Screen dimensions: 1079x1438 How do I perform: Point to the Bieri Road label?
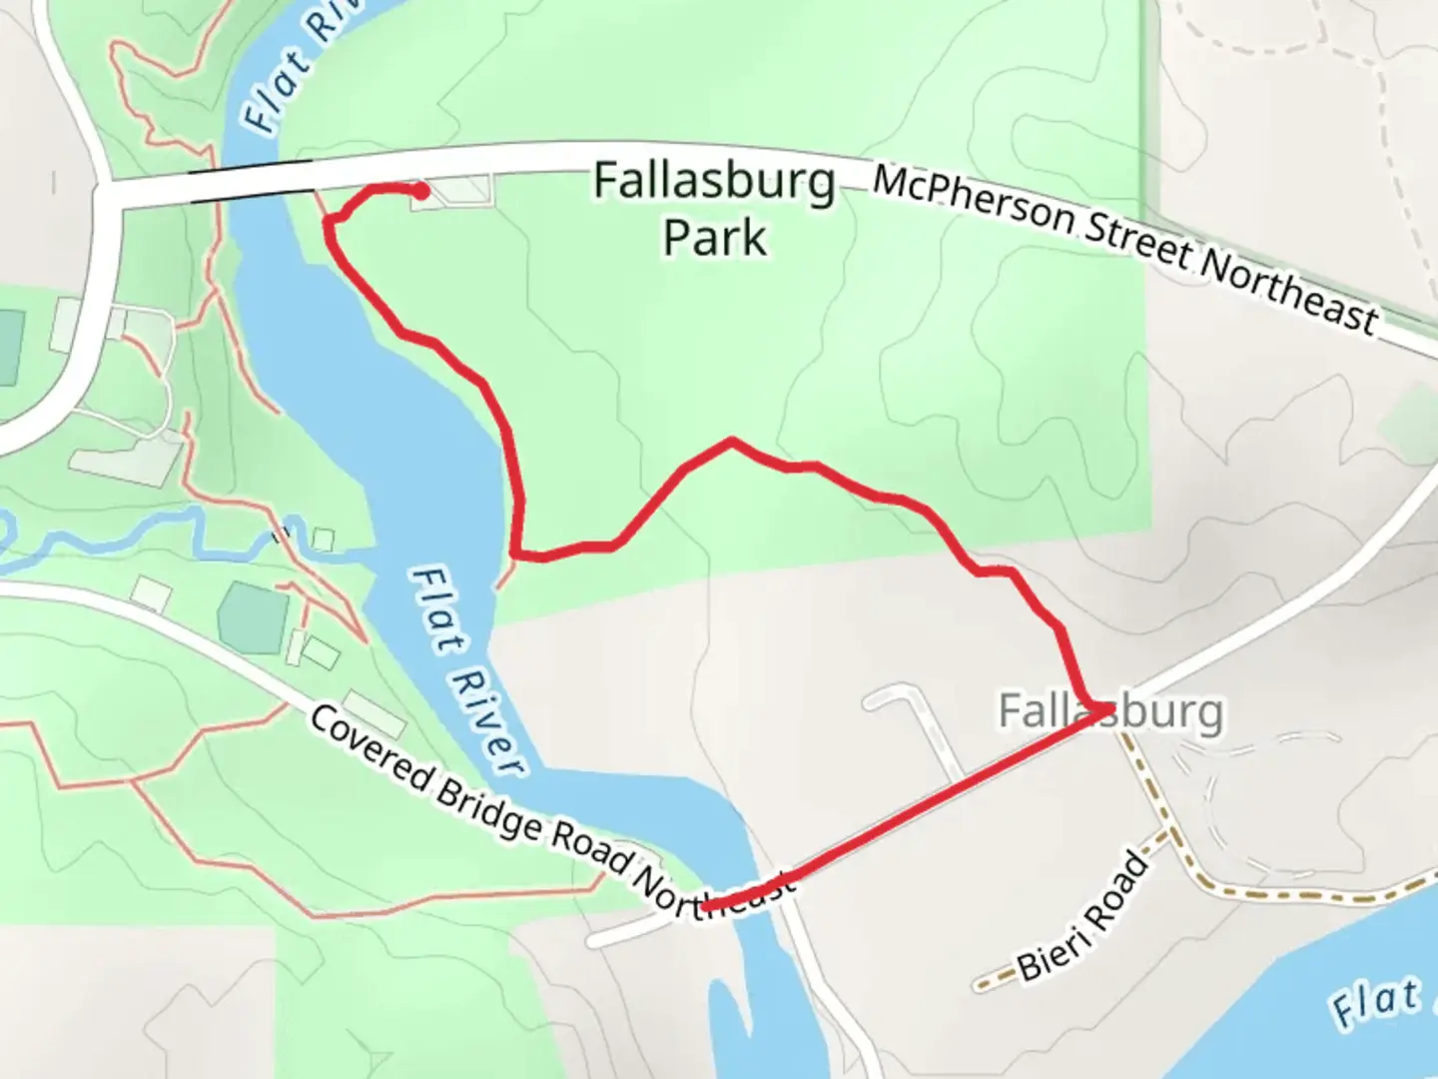pyautogui.click(x=1084, y=915)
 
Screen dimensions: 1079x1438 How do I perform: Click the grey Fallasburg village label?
pyautogui.click(x=1110, y=711)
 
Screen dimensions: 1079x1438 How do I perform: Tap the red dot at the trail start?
pyautogui.click(x=421, y=191)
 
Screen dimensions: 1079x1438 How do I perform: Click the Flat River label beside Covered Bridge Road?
pyautogui.click(x=467, y=671)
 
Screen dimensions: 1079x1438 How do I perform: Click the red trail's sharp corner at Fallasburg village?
pyautogui.click(x=1106, y=709)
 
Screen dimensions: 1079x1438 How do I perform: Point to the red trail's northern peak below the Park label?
pyautogui.click(x=732, y=441)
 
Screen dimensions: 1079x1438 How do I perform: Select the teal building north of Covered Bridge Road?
pyautogui.click(x=254, y=617)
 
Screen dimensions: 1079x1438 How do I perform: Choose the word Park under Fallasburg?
pyautogui.click(x=715, y=238)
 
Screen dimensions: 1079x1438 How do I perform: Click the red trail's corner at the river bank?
pyautogui.click(x=515, y=551)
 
